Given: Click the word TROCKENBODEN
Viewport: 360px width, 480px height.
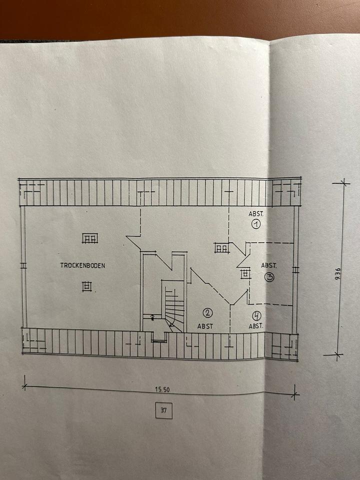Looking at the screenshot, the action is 82,265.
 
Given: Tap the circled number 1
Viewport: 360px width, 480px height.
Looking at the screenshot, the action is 256,224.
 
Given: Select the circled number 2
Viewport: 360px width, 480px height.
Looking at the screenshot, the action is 207,313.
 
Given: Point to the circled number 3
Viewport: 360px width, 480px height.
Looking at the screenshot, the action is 269,277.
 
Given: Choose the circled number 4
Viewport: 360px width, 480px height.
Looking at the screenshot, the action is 256,315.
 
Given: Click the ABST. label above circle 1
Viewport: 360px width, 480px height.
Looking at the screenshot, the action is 255,213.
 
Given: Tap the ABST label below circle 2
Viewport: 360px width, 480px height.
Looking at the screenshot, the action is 205,326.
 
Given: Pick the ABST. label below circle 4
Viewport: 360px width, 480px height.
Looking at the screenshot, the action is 256,326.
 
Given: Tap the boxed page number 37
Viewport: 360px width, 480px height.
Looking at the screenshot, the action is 163,411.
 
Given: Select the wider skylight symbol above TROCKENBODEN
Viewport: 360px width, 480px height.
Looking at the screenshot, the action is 90,238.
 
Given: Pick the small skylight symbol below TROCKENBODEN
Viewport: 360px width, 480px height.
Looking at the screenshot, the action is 87,285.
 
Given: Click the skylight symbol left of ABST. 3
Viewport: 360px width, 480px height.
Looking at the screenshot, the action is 245,273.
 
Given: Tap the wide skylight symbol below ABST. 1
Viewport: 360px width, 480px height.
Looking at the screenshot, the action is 221,247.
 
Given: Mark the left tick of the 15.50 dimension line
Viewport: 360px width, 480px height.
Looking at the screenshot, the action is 24,385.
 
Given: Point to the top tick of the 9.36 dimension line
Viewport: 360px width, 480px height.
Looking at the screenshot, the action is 343,183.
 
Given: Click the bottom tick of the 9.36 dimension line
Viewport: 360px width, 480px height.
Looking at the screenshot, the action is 334,355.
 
